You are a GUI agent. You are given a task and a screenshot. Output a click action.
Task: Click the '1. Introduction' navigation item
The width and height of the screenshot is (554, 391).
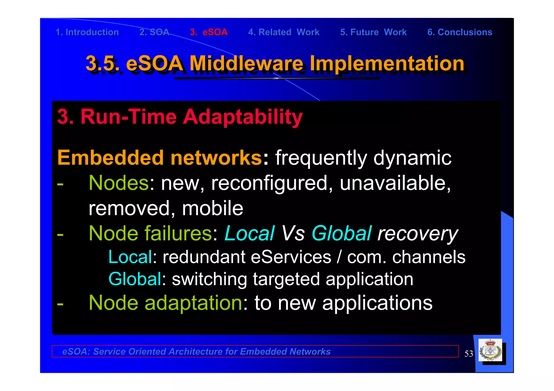point(87,32)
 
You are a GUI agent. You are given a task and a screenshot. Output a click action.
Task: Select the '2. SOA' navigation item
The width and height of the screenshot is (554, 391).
point(154,32)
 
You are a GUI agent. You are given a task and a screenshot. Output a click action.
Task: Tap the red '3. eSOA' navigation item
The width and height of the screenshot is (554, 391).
point(209,32)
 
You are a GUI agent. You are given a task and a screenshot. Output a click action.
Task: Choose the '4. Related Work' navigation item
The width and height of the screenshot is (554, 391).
point(284,32)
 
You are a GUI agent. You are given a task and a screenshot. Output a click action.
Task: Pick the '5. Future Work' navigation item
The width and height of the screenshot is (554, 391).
point(373,32)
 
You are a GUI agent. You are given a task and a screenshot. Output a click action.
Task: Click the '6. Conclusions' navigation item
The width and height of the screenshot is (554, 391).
point(460,32)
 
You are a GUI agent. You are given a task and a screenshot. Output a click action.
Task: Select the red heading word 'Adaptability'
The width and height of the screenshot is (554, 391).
point(243,117)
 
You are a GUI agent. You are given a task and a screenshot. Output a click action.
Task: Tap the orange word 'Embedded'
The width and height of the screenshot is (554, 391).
point(110,158)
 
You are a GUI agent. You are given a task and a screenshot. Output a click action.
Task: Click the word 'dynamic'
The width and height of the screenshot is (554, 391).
point(412,158)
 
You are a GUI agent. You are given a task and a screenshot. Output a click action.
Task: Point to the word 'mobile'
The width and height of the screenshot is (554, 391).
point(213,208)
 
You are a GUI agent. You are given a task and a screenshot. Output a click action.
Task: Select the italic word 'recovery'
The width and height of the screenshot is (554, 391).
point(418,234)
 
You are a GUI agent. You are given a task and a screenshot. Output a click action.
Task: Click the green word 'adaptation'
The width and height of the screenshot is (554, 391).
point(193,303)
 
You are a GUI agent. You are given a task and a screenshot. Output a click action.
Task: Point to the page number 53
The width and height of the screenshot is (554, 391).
point(469,353)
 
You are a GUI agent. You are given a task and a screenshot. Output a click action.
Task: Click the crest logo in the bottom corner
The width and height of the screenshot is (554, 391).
point(490,350)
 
